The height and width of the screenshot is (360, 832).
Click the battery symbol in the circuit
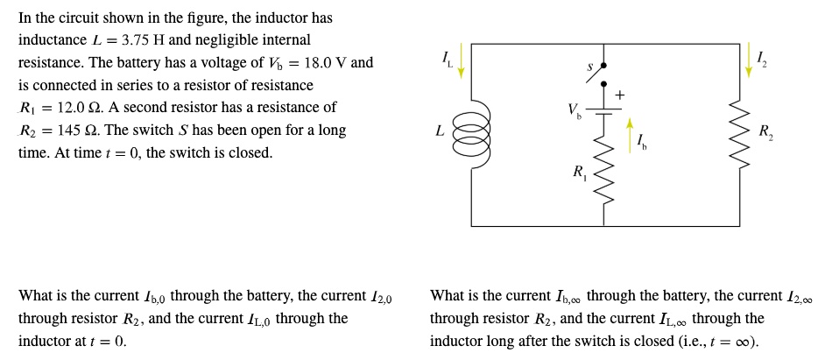click(x=603, y=111)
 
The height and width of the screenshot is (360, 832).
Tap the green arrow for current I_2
click(x=749, y=60)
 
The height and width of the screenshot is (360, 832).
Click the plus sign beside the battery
click(x=620, y=93)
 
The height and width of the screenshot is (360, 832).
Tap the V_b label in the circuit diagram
click(x=574, y=111)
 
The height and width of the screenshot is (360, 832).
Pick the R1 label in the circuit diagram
click(x=578, y=172)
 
